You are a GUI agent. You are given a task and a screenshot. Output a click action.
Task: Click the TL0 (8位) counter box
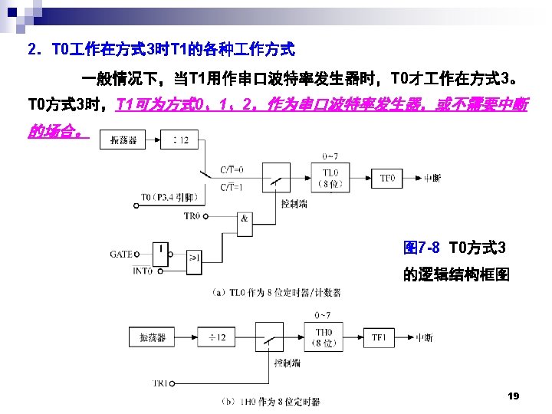pyautogui.click(x=327, y=179)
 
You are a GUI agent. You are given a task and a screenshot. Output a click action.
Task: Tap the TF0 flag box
pyautogui.click(x=389, y=179)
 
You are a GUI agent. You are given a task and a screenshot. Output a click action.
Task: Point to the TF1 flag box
pyautogui.click(x=379, y=338)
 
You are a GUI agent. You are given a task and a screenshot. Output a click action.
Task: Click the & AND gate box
pyautogui.click(x=244, y=219)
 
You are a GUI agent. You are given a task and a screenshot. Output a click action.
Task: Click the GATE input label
pyautogui.click(x=121, y=254)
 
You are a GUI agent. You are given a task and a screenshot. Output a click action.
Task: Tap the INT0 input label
pyautogui.click(x=122, y=270)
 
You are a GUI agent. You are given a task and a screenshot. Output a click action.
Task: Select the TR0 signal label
pyautogui.click(x=193, y=216)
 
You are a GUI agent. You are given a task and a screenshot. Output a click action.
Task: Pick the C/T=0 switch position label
pyautogui.click(x=232, y=169)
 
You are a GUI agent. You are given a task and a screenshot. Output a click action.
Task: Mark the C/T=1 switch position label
pyautogui.click(x=232, y=187)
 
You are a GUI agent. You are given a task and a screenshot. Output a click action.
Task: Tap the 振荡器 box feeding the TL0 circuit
pyautogui.click(x=124, y=140)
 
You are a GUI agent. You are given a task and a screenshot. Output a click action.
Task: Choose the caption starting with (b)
pyautogui.click(x=269, y=401)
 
